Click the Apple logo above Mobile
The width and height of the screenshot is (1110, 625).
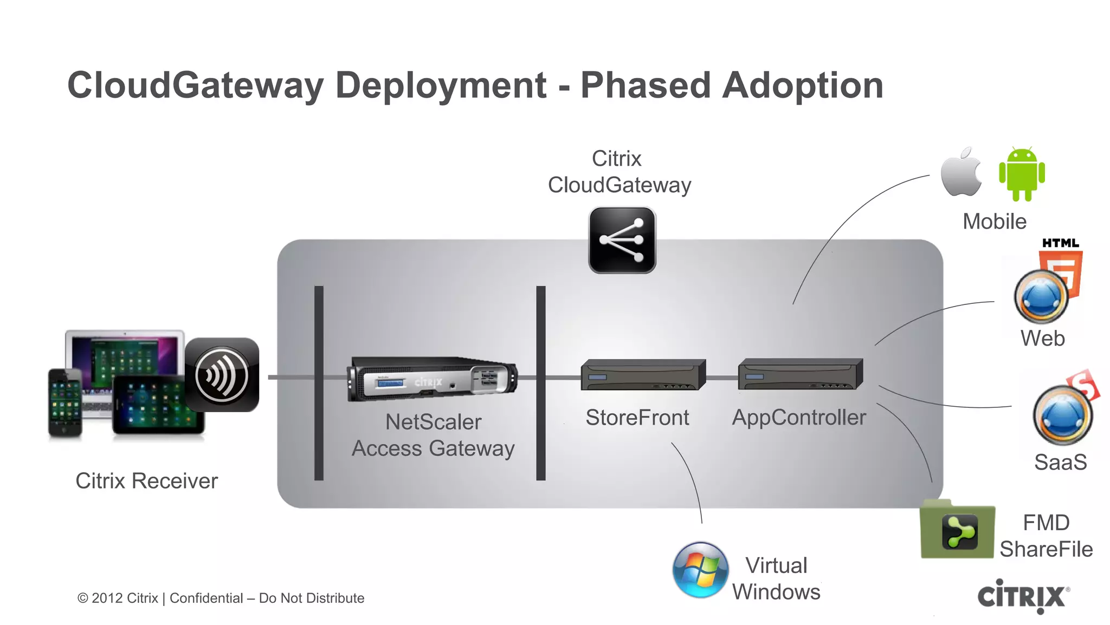pos(961,173)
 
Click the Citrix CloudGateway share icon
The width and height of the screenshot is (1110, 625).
pos(622,240)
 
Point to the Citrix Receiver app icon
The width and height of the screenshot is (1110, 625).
pos(222,375)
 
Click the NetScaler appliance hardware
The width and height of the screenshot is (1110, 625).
pos(432,379)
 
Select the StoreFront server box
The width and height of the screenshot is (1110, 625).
pos(643,375)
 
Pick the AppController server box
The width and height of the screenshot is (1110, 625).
pos(800,374)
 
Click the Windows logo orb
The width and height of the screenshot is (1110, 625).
pos(700,570)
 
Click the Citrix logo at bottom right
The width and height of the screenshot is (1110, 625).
pos(1023,596)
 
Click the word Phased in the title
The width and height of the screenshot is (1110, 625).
pos(645,86)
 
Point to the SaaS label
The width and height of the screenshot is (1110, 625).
pos(1060,462)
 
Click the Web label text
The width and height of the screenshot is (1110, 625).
pos(1042,338)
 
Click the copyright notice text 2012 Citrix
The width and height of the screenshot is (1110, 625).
pos(125,598)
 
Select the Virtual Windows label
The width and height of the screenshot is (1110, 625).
pos(776,578)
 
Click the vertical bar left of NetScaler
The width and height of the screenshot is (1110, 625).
pos(319,383)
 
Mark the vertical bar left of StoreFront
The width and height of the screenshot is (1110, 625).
pos(540,383)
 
